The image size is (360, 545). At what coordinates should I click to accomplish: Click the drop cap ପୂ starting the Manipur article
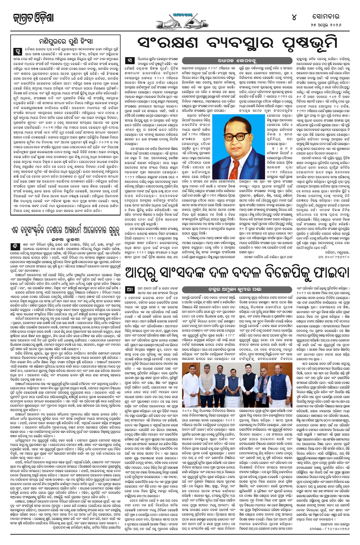click(16, 51)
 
